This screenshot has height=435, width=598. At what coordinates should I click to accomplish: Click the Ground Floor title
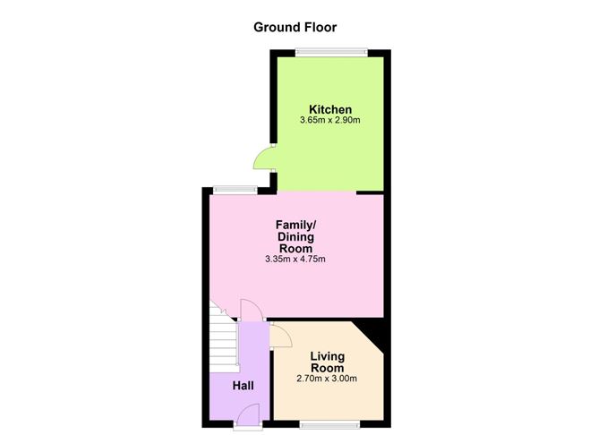pyautogui.click(x=295, y=28)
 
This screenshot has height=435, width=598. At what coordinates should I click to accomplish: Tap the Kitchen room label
pyautogui.click(x=330, y=109)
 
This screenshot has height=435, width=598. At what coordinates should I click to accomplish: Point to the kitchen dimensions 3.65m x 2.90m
pyautogui.click(x=330, y=121)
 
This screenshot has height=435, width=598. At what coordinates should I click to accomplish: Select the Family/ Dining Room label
pyautogui.click(x=296, y=236)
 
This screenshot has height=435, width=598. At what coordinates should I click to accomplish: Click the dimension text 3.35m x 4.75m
pyautogui.click(x=295, y=260)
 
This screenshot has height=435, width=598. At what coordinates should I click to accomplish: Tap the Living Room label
pyautogui.click(x=328, y=362)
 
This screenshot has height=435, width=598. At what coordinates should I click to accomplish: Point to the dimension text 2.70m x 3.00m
pyautogui.click(x=327, y=379)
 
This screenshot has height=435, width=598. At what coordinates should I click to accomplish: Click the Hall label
pyautogui.click(x=243, y=386)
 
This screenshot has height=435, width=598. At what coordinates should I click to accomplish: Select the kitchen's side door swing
pyautogui.click(x=264, y=158)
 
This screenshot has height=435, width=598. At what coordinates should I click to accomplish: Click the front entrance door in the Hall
pyautogui.click(x=248, y=415)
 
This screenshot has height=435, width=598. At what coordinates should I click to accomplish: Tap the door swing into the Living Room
pyautogui.click(x=281, y=336)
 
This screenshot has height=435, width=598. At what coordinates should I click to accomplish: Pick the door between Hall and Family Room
pyautogui.click(x=251, y=311)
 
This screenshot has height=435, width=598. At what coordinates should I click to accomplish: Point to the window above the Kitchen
pyautogui.click(x=332, y=53)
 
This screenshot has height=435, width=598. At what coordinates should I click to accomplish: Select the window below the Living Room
pyautogui.click(x=329, y=424)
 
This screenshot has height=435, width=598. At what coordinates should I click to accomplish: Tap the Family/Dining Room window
pyautogui.click(x=235, y=190)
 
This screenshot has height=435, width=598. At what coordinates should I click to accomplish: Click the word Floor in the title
pyautogui.click(x=320, y=28)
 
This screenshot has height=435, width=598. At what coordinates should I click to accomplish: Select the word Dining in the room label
pyautogui.click(x=296, y=237)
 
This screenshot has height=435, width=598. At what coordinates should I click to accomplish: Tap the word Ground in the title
pyautogui.click(x=278, y=28)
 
